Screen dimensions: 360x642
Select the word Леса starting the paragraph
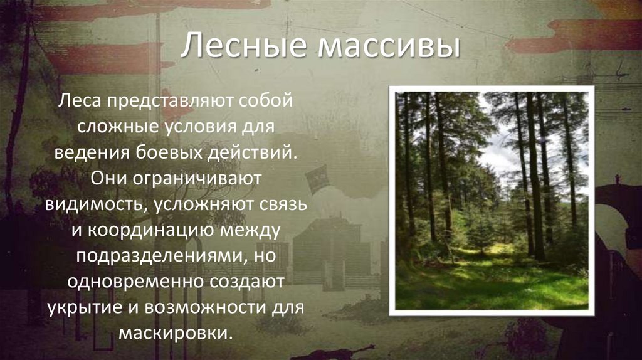(x=80, y=101)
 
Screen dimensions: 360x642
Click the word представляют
(x=169, y=101)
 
